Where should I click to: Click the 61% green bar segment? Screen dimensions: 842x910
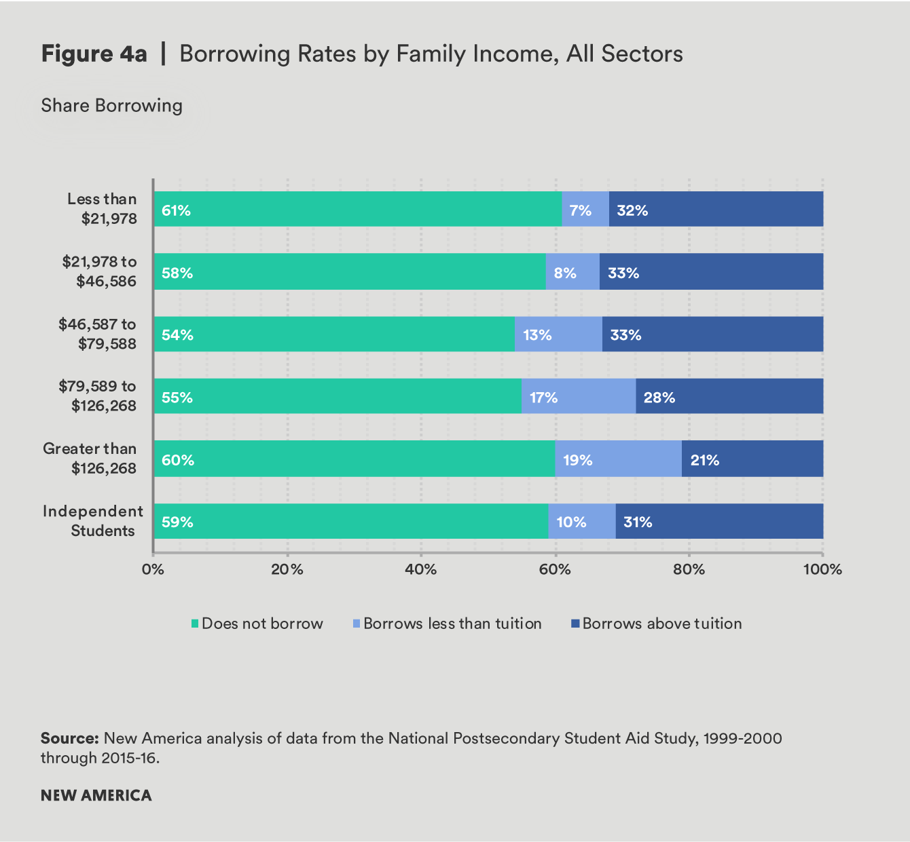pos(358,209)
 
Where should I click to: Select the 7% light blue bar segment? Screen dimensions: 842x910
pos(585,209)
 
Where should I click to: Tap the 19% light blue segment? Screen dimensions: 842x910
pos(618,459)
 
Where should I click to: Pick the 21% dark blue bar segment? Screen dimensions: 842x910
pos(752,459)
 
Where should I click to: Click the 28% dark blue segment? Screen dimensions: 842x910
pos(729,396)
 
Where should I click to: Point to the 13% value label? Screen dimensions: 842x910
pos(537,334)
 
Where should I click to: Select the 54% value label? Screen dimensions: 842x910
pos(177,334)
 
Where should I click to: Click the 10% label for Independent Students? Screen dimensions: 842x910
pos(571,522)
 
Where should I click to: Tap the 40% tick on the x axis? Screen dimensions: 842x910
pos(420,569)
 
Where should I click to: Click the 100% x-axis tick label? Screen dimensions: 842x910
pos(822,569)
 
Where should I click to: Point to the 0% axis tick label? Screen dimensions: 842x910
pos(153,569)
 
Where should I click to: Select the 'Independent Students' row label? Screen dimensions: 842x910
pos(93,521)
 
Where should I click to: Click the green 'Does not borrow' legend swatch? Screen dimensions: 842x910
pos(195,624)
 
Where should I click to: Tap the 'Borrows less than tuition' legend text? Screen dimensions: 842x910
pos(452,624)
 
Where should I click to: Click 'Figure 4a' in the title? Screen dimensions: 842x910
pos(94,54)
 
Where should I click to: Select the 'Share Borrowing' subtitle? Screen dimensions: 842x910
pos(112,106)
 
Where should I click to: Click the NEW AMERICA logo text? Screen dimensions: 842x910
pos(96,795)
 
